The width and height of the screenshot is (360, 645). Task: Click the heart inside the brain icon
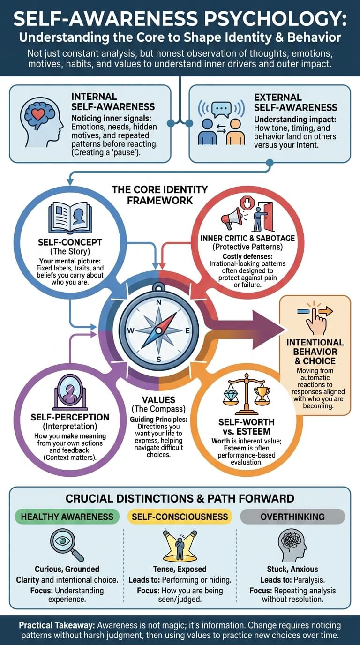point(38,115)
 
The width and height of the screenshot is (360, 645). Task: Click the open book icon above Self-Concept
point(70,218)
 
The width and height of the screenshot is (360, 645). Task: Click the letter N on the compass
point(159,302)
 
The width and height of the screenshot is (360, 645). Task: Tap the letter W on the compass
point(131,330)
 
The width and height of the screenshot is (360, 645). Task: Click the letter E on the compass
point(187,330)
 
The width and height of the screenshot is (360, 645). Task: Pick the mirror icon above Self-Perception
point(70,392)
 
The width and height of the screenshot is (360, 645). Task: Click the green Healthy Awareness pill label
point(67,517)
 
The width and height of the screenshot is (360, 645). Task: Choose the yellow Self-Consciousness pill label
point(180,517)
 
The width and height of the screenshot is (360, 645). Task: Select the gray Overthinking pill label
point(292,517)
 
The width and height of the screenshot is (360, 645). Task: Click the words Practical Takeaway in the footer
point(57,625)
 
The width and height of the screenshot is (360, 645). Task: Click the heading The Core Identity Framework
point(160,195)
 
